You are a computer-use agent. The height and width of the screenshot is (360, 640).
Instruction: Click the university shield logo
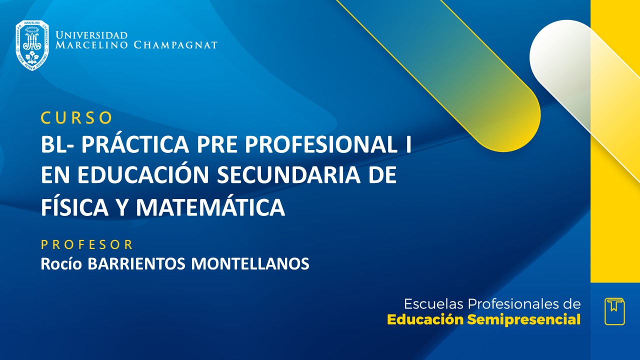point(32,45)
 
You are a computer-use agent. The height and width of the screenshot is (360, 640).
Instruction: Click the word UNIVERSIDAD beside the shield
point(91,35)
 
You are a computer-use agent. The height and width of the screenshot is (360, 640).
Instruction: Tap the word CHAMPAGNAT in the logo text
point(175,45)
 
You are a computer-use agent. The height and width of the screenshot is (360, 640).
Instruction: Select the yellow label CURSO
point(76,117)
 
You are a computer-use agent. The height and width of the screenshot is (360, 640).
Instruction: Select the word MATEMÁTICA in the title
point(210,207)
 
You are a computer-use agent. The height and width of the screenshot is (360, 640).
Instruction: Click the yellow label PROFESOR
point(87,244)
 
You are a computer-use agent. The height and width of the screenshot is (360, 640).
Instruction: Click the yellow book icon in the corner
point(614,311)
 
